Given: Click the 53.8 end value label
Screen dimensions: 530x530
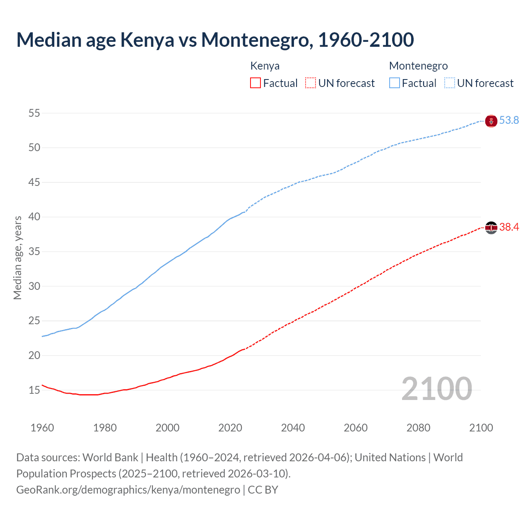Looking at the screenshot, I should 509,120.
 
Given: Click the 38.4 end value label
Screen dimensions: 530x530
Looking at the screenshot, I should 509,227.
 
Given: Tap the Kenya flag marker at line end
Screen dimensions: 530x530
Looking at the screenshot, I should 491,227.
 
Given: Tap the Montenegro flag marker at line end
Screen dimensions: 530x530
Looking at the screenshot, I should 491,121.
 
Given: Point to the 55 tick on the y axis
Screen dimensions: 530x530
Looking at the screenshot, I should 34,113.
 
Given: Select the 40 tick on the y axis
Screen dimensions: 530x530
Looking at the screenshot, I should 34,217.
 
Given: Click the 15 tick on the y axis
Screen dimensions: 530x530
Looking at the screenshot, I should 34,390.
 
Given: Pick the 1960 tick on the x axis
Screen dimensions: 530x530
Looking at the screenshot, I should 42,428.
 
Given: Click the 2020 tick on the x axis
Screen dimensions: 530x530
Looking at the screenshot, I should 230,428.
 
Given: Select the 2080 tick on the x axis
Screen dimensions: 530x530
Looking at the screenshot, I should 418,428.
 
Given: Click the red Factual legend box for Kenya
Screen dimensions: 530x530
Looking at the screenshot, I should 255,83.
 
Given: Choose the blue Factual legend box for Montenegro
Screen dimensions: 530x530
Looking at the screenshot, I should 395,83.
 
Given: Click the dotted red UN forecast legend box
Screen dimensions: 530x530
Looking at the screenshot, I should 311,83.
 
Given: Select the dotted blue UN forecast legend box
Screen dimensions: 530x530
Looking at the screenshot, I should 450,83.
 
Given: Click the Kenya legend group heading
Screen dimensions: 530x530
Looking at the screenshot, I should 265,66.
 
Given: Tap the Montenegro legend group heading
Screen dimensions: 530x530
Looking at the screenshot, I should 418,66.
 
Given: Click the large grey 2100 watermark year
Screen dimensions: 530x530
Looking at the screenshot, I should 437,389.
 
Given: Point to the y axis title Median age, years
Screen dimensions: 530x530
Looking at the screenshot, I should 17,258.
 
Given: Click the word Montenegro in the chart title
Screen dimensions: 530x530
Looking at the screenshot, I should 255,40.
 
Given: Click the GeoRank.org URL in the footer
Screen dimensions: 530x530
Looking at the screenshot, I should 128,490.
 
